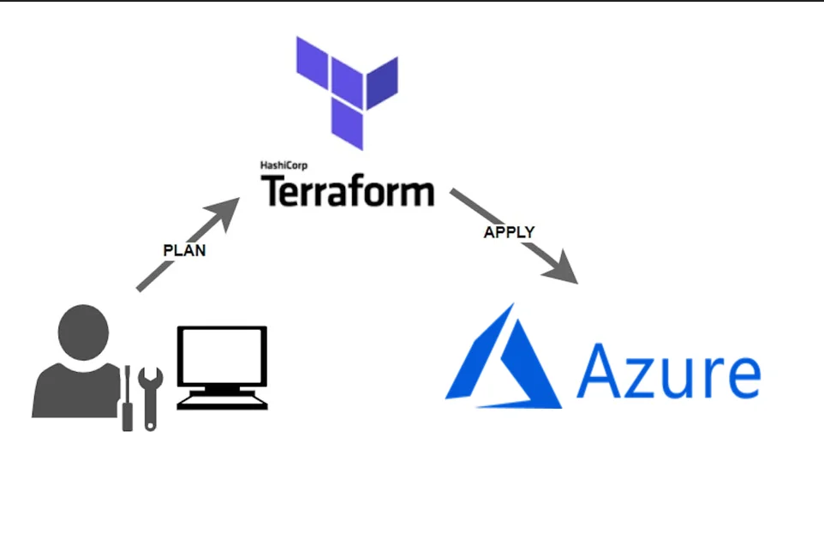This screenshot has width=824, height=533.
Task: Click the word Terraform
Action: (x=347, y=190)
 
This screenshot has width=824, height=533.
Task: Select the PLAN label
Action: (x=184, y=251)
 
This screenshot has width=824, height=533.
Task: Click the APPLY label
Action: (x=509, y=232)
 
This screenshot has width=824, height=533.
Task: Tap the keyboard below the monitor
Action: (x=223, y=399)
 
